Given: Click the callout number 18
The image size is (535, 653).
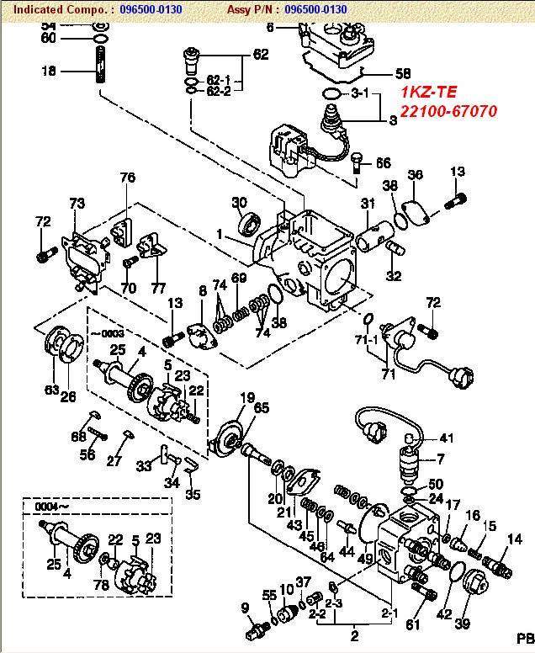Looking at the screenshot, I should click(x=49, y=72).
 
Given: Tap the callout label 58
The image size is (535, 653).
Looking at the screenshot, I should click(x=403, y=73).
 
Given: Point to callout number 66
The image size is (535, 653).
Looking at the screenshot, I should click(x=384, y=163).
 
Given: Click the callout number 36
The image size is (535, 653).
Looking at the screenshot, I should click(x=416, y=175).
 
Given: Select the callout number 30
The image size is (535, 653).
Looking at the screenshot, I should click(x=239, y=202).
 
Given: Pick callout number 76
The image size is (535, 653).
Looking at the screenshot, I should click(x=127, y=178).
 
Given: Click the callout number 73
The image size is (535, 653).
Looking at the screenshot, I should click(x=77, y=204).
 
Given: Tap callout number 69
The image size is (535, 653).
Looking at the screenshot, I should click(x=239, y=279).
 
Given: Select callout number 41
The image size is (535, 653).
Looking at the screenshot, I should click(x=447, y=438).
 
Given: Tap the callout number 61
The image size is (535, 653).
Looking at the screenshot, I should click(x=412, y=624).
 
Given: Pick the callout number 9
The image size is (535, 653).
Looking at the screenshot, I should click(x=245, y=608).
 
